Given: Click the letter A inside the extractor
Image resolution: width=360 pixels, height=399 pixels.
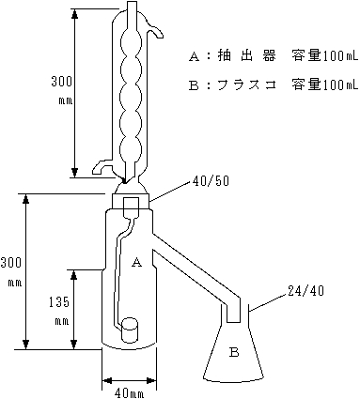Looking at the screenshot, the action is (136, 262).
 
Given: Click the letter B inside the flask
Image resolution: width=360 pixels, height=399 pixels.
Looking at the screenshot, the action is (234, 352).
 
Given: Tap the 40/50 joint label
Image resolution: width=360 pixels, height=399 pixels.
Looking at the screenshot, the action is (211, 181).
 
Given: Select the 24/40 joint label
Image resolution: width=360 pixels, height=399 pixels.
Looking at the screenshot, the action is (305, 291).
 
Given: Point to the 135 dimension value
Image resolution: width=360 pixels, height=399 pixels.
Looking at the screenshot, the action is (59, 302).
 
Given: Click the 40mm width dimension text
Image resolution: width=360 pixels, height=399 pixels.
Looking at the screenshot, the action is (128, 393).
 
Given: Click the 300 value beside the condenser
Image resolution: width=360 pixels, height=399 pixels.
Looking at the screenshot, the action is (62, 82).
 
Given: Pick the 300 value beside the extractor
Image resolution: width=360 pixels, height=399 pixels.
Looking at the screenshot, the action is (11, 262).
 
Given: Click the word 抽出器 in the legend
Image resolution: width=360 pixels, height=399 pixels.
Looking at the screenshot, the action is (246, 56).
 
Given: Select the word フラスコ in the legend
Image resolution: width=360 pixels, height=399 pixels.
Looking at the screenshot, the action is (246, 85).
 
